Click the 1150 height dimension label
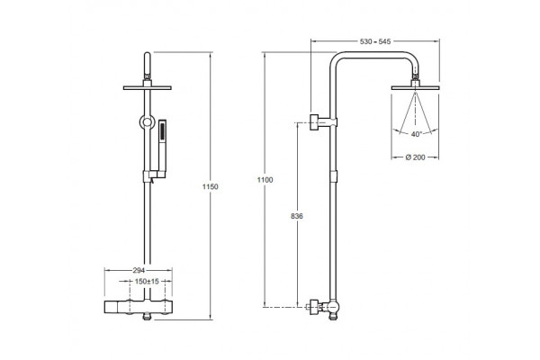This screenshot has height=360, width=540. [210, 187]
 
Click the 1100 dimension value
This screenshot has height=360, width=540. [265, 180]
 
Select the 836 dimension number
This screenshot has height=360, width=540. [297, 216]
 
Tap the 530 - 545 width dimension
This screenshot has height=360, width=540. [375, 41]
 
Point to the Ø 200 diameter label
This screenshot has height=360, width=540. [415, 157]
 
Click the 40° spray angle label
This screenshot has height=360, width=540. [417, 134]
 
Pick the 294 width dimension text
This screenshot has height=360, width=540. [139, 270]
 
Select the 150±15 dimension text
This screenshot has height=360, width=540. [147, 282]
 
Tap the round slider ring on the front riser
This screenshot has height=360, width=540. [147, 122]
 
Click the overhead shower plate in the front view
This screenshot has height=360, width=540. [148, 88]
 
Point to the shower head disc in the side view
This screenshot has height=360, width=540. [415, 88]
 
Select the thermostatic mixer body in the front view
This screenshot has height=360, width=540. [138, 307]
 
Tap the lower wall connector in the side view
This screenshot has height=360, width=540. [316, 307]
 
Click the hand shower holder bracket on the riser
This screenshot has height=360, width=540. [148, 176]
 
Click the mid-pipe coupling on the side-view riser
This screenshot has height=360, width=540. [333, 176]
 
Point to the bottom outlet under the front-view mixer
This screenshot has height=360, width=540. [148, 316]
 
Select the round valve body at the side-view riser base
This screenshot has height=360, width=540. [333, 307]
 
